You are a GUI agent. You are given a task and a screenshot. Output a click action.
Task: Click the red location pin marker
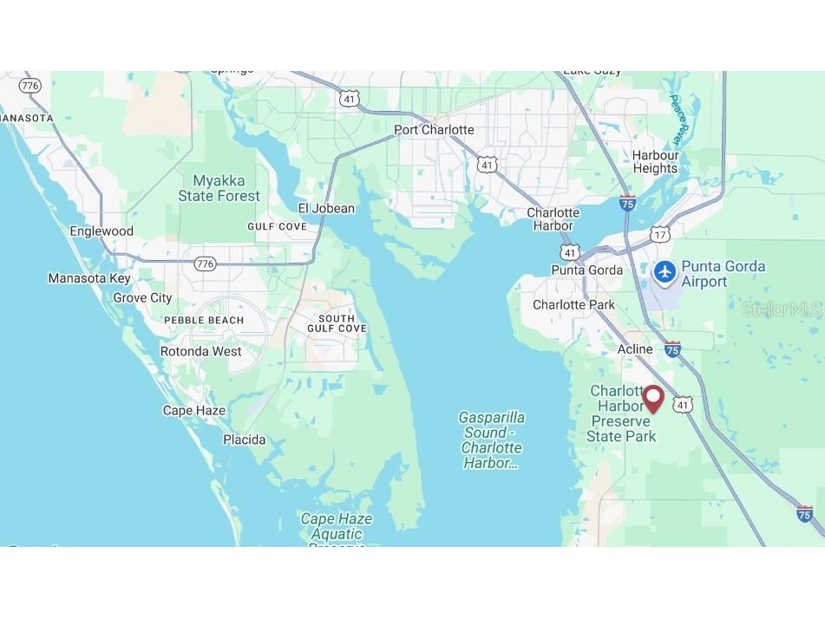652,399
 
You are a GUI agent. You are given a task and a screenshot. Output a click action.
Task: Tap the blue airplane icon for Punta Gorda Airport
665,271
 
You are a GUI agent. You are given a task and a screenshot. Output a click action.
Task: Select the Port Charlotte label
434,130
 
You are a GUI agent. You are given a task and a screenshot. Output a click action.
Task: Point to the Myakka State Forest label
219,189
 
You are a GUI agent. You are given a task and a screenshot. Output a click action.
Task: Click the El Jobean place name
326,208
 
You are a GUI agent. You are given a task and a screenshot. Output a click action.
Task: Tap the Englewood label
101,231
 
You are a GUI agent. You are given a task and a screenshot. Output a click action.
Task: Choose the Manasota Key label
88,278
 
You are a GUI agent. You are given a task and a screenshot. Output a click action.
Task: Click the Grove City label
142,297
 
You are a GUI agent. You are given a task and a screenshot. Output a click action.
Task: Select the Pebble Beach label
204,320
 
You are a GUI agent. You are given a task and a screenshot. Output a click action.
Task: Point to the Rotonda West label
200,351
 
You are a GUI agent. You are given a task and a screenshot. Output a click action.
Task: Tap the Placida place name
244,439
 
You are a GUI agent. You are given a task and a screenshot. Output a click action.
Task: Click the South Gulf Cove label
337,323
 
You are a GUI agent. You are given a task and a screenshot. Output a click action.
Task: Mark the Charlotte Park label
573,304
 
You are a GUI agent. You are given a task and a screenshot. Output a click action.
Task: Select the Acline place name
634,348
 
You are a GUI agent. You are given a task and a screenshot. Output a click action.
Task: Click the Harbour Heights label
655,162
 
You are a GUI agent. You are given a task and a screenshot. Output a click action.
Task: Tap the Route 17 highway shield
661,235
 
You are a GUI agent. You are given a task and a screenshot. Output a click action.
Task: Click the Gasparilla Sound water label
491,440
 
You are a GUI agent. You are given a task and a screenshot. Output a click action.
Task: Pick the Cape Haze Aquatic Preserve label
337,527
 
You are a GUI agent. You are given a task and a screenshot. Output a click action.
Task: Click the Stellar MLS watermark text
782,309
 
